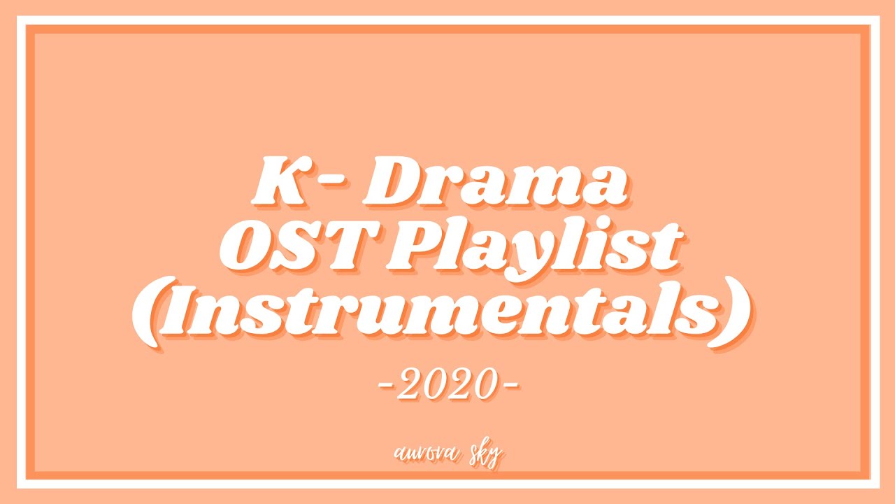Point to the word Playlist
click(x=536, y=248)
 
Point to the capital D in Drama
click(x=391, y=180)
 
